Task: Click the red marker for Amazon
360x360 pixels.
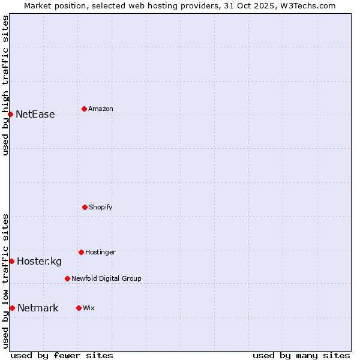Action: coord(84,109)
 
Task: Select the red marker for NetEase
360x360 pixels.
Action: coord(10,114)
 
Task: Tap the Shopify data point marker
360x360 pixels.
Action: coord(85,207)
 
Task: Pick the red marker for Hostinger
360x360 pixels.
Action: coord(81,252)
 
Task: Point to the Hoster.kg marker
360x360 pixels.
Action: coord(11,261)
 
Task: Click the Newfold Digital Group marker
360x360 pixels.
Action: coord(67,278)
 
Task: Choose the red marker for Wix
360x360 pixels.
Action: coord(79,308)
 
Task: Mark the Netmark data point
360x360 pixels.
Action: coord(12,308)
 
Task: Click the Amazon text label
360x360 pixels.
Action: coord(101,109)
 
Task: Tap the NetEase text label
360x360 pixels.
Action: coord(35,114)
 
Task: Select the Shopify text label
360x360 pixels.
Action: coord(101,207)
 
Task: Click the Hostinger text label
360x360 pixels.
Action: coord(100,252)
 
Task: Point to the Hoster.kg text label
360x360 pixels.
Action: coord(39,261)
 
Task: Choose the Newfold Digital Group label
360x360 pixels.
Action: coord(106,278)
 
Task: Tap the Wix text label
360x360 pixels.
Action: coord(89,308)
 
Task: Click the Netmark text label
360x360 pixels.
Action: coord(38,308)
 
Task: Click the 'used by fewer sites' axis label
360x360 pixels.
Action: coord(62,355)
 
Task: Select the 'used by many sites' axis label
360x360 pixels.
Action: coord(301,355)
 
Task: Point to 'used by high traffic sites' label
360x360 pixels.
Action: coord(5,85)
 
